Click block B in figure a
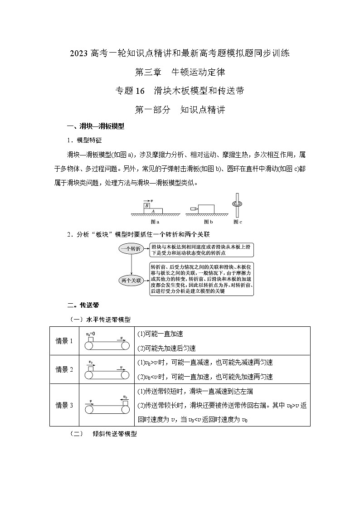click(x=147, y=206)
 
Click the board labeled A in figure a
click(x=154, y=211)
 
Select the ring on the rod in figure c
click(x=237, y=204)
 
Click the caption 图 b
click(x=208, y=222)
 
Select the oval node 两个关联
click(x=131, y=280)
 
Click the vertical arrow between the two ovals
click(x=131, y=264)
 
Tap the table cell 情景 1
click(x=64, y=341)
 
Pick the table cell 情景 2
click(x=64, y=369)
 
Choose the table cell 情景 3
click(x=64, y=405)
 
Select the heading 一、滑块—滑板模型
click(x=95, y=126)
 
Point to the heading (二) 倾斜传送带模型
click(x=103, y=434)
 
